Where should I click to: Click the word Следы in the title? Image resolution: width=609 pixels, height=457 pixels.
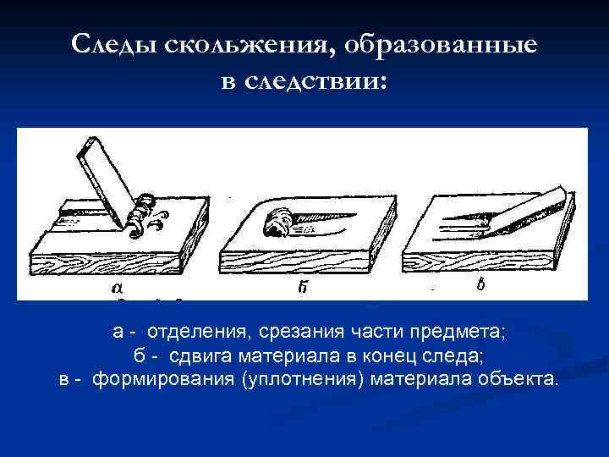[114, 44]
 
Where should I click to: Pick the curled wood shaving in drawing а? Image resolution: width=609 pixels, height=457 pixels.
[143, 216]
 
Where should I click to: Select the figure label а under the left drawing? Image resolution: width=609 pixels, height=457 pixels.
[117, 288]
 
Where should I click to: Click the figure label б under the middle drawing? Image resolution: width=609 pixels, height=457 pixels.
[303, 288]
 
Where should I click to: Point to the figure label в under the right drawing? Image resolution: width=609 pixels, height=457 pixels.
[480, 285]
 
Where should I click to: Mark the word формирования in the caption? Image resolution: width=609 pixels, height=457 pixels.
[163, 379]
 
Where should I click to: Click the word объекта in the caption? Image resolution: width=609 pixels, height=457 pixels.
[518, 379]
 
